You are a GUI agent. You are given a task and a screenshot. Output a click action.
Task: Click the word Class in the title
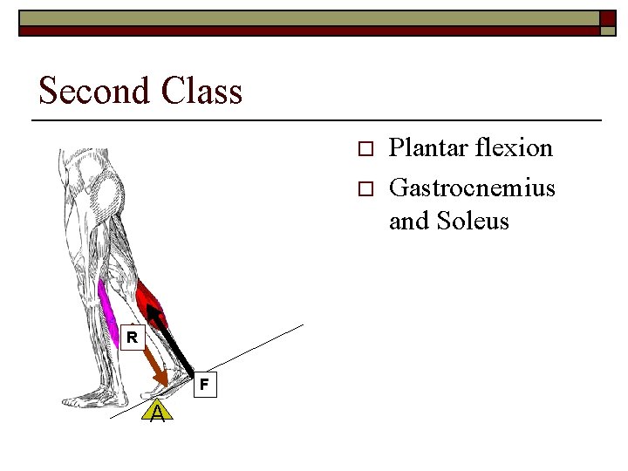[206, 90]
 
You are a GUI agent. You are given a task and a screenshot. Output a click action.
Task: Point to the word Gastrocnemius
[472, 187]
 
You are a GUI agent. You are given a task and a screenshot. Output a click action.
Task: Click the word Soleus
[476, 221]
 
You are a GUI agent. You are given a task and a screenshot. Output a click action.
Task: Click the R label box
[131, 336]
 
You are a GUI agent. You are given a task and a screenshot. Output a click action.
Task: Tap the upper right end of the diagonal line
[302, 326]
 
